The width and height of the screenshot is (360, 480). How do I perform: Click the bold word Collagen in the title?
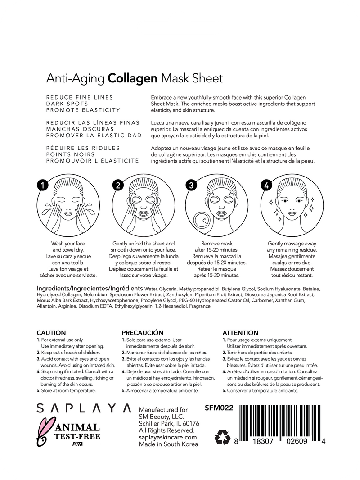(132, 78)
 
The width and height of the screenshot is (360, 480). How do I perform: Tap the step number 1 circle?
(42, 185)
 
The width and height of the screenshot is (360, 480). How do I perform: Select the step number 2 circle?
(117, 185)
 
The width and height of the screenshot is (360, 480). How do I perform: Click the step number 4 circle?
(266, 185)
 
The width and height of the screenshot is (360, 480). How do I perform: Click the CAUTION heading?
(51, 333)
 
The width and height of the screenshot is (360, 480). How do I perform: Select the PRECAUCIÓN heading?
(143, 333)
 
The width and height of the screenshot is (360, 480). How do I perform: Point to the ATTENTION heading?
(240, 333)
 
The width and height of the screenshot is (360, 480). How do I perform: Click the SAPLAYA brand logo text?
(84, 408)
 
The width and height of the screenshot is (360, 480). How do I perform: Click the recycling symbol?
(222, 437)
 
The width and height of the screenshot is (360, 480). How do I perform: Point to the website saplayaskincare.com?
(168, 437)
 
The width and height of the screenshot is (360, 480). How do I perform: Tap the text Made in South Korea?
(168, 444)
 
